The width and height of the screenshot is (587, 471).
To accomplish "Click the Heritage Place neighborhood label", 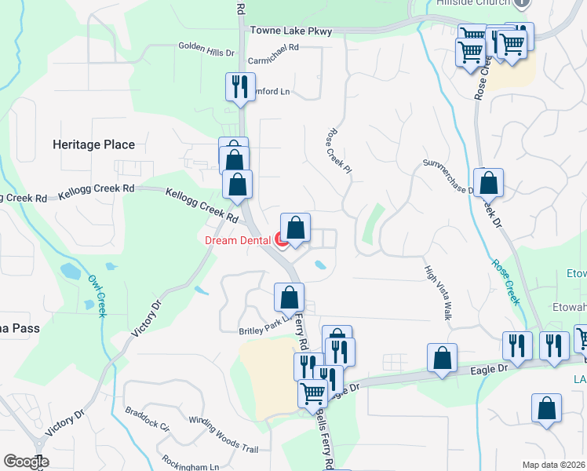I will click(93, 144).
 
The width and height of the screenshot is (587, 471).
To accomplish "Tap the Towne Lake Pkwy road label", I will click(291, 31).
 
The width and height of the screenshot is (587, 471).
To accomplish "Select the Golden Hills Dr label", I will click(206, 53).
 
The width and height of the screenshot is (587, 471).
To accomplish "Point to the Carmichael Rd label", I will click(274, 48).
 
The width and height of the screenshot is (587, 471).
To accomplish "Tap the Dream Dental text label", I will click(238, 240).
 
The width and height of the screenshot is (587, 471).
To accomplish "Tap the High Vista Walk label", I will click(438, 291).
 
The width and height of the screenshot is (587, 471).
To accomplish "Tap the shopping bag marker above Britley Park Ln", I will click(289, 298).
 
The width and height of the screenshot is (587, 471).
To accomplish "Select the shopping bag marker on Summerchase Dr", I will click(488, 184).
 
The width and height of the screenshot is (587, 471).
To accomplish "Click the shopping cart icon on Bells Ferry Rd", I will click(313, 392).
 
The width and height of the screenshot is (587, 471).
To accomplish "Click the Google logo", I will click(26, 462).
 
